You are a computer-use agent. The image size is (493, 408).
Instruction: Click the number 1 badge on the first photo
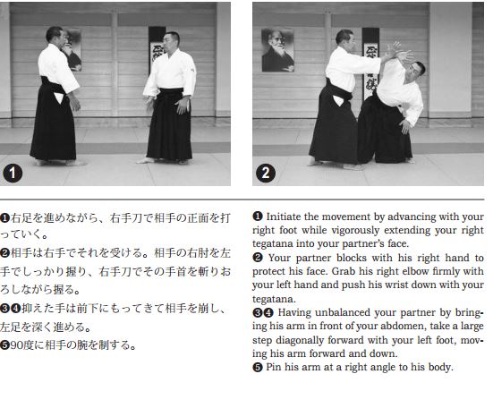point(13,174)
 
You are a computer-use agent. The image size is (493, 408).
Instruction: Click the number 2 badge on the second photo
point(266,174)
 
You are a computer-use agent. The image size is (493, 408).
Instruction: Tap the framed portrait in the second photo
point(278,50)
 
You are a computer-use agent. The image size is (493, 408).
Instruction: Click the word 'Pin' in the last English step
point(273,367)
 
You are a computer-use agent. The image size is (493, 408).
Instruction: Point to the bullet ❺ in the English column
point(257,367)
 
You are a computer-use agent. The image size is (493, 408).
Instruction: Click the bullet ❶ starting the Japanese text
point(4,217)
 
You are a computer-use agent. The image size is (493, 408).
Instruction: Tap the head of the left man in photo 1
point(55,36)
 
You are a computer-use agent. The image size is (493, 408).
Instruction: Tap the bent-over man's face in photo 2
point(415,74)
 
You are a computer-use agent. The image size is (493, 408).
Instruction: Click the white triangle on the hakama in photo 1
point(59,98)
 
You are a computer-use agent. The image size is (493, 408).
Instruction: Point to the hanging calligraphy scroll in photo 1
point(157,50)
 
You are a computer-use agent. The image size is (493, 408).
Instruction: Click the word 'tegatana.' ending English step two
point(274,298)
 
